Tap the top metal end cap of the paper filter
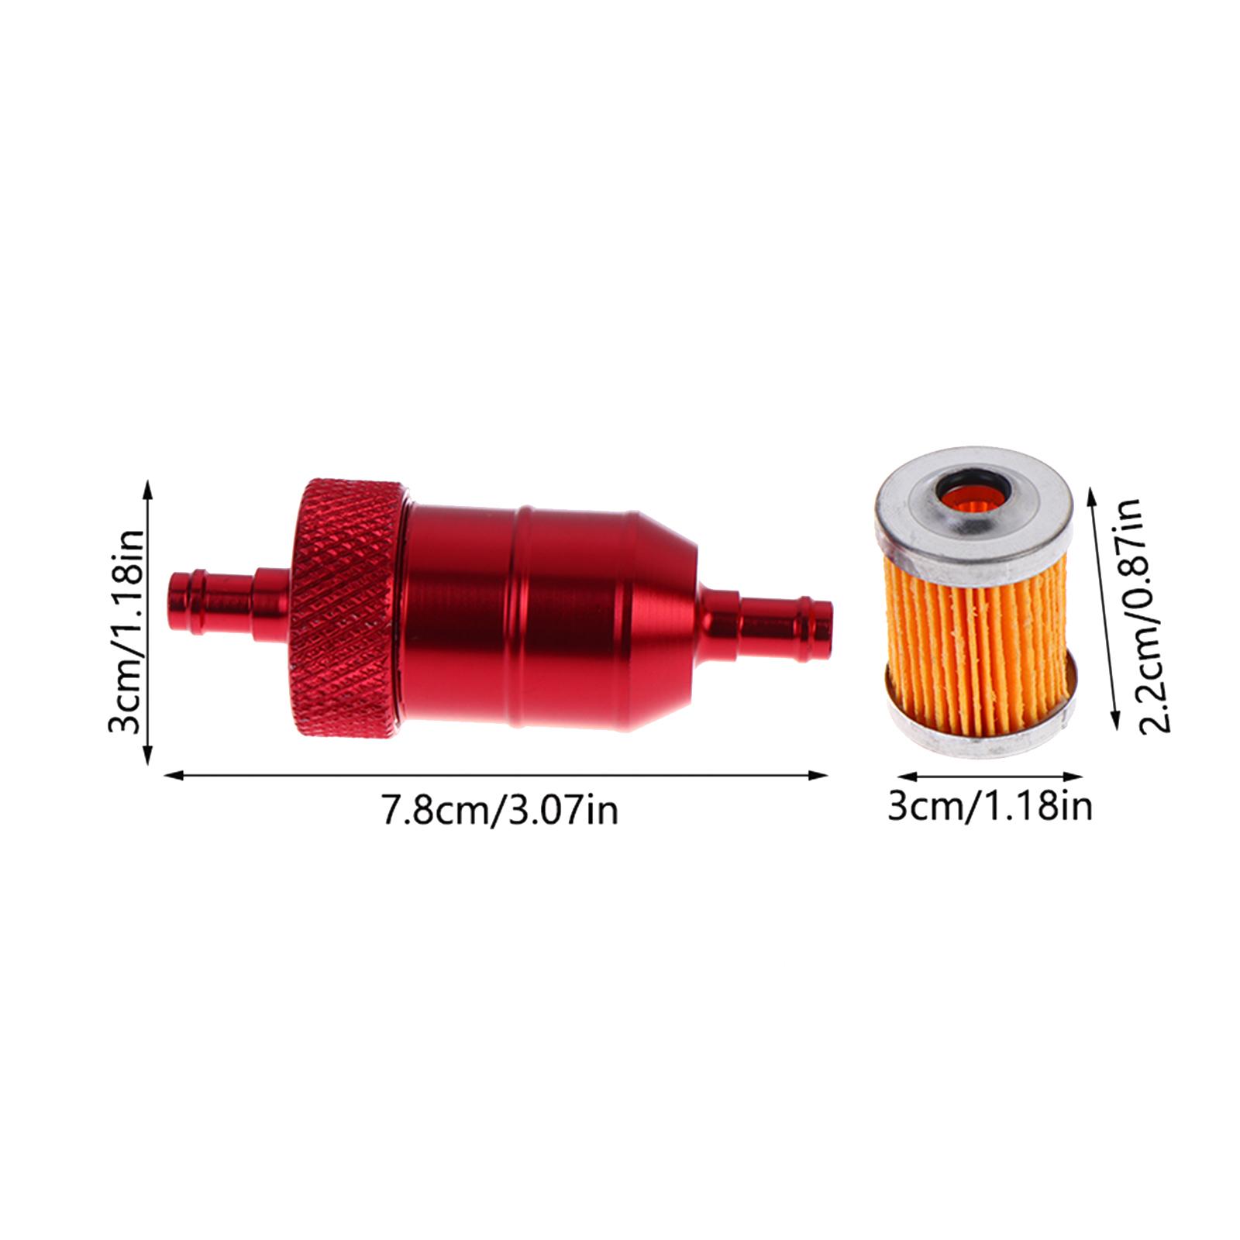pos(974,504)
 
